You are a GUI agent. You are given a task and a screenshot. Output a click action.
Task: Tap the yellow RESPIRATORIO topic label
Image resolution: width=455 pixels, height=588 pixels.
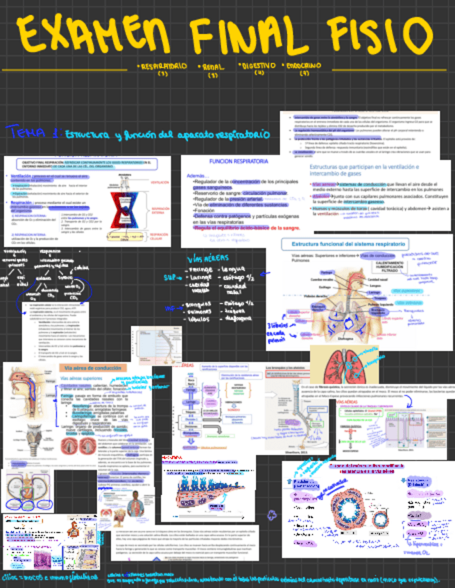click(x=164, y=67)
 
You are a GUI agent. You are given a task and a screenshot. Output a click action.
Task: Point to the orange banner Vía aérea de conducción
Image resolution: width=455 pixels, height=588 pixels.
click(x=92, y=367)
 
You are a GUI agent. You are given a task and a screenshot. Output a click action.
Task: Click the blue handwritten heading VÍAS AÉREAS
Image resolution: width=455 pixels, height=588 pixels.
click(x=205, y=259)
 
